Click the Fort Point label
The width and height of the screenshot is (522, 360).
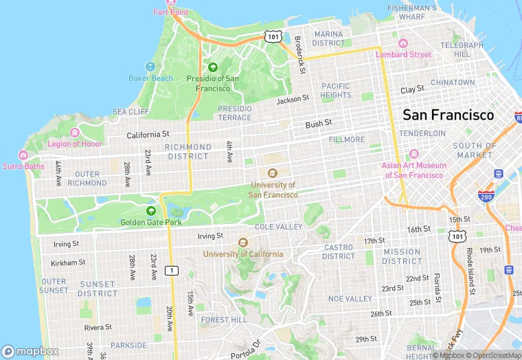[170, 12]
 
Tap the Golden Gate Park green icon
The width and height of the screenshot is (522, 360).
[151, 210]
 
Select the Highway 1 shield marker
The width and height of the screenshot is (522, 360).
[172, 271]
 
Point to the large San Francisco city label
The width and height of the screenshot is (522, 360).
[448, 115]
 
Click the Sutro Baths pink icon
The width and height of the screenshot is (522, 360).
[23, 155]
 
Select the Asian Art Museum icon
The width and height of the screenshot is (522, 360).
[413, 154]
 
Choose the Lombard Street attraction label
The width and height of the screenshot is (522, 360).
[408, 54]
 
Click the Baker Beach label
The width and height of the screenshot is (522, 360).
[150, 78]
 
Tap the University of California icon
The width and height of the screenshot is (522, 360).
[242, 243]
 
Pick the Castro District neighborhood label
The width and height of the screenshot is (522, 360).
[339, 251]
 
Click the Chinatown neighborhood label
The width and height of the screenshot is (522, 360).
[453, 82]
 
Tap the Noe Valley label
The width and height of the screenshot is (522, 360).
[350, 299]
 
